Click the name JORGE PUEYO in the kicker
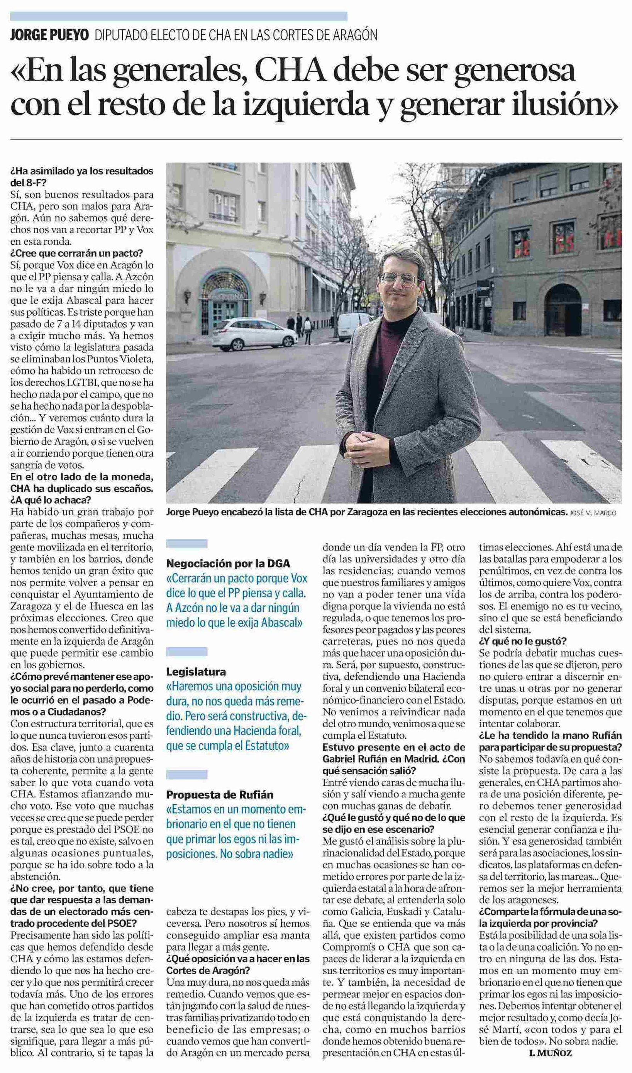tap(49, 35)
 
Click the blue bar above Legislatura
tap(186, 651)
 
